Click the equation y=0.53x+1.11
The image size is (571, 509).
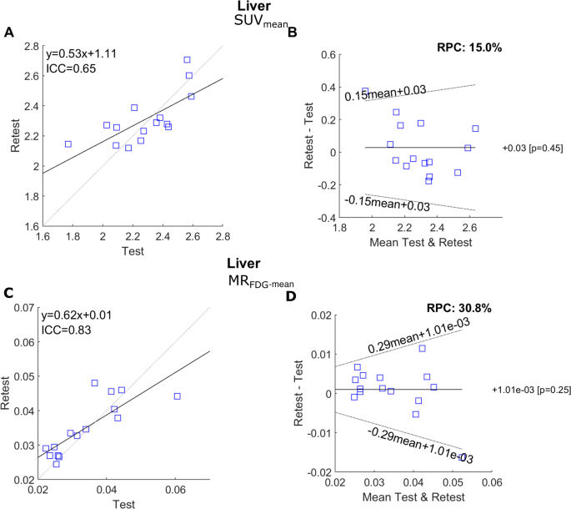click(82, 53)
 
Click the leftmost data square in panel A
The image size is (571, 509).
click(68, 144)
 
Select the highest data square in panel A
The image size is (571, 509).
click(187, 60)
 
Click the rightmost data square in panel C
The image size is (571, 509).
click(177, 396)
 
